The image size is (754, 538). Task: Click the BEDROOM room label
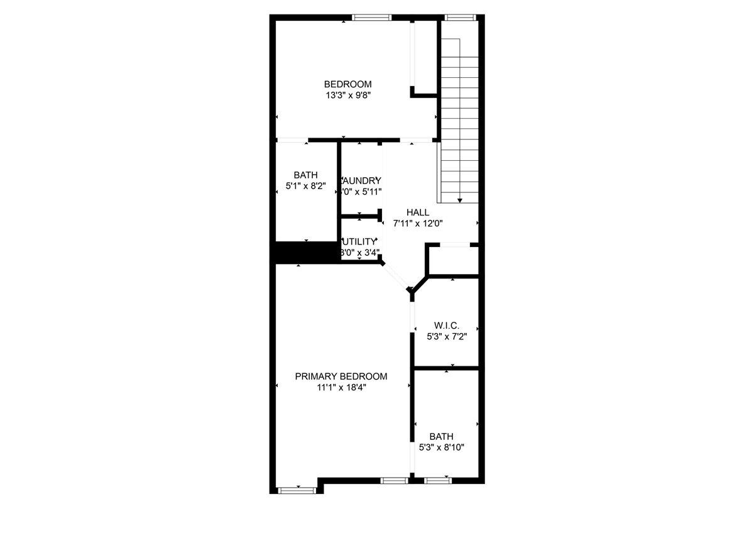point(347,84)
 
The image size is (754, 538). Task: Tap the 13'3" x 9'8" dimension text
point(347,96)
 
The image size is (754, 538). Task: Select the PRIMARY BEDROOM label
point(341,376)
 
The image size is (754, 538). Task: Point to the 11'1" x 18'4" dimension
point(341,388)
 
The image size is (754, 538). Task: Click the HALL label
point(418,212)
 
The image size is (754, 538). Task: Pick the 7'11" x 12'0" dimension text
point(418,223)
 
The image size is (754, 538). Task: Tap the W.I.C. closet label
point(447,326)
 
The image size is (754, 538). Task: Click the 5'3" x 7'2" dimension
point(447,336)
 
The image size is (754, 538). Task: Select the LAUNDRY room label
point(361,180)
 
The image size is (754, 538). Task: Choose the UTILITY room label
point(359,241)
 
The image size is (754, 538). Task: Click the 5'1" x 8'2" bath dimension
point(305,186)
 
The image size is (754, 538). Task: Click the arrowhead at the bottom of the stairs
point(460,200)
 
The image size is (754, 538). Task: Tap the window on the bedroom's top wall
point(372,18)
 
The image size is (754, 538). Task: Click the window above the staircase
point(459,18)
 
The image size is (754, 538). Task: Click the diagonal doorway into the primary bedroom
point(396,276)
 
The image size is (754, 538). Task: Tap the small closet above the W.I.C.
point(452,260)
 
